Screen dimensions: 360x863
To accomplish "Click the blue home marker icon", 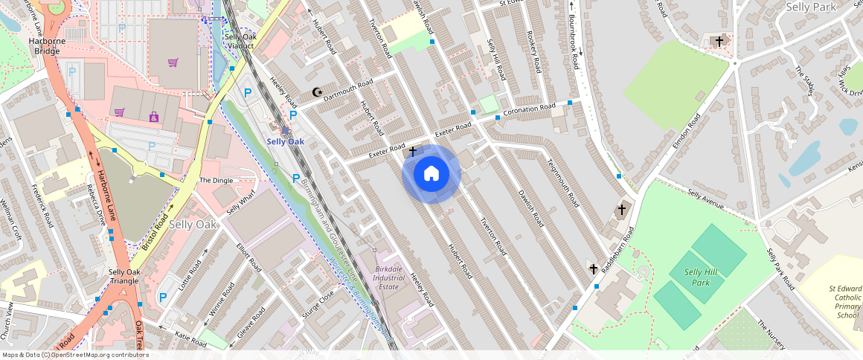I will [431, 174].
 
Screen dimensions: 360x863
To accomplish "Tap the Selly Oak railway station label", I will [286, 141].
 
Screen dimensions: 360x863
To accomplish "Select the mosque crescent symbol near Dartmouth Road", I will [318, 92].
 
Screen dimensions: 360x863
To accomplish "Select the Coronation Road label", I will [530, 111].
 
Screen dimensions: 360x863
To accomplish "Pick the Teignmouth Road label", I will [562, 184].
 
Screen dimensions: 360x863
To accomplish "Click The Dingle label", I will [216, 181].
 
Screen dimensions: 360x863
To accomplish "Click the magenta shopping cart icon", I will [173, 62].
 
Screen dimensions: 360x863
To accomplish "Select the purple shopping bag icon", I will [154, 117].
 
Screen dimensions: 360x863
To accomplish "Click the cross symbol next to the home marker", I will [412, 152].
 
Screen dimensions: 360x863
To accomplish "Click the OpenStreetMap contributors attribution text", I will [75, 355].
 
